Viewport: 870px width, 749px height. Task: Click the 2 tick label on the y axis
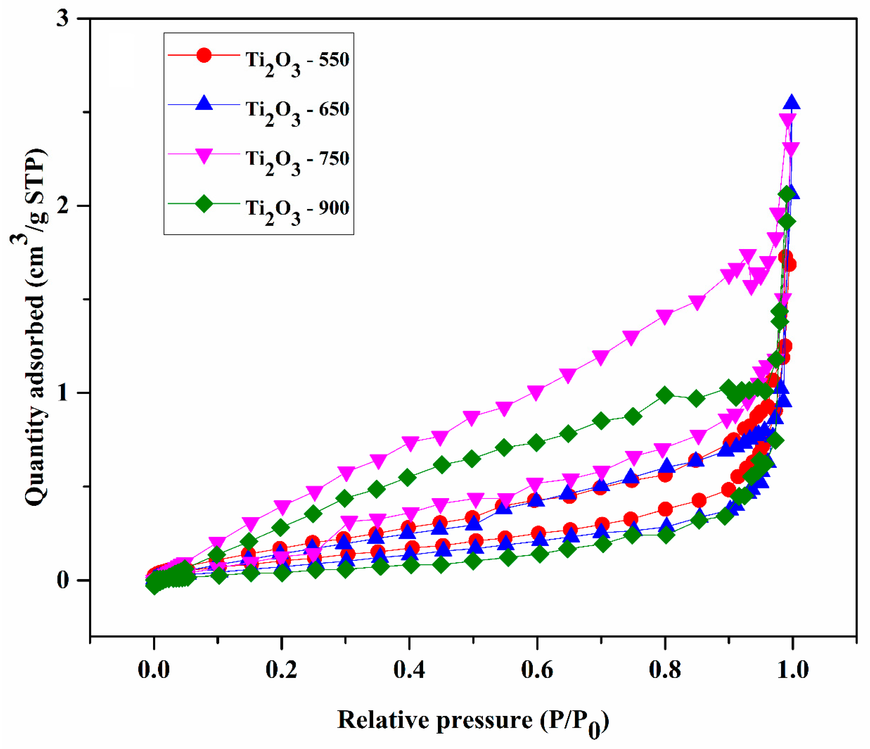coord(63,206)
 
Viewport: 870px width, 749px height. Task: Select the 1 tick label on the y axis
coord(63,393)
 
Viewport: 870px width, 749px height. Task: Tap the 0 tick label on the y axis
coord(63,581)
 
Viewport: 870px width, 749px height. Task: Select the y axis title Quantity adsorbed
coord(36,328)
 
